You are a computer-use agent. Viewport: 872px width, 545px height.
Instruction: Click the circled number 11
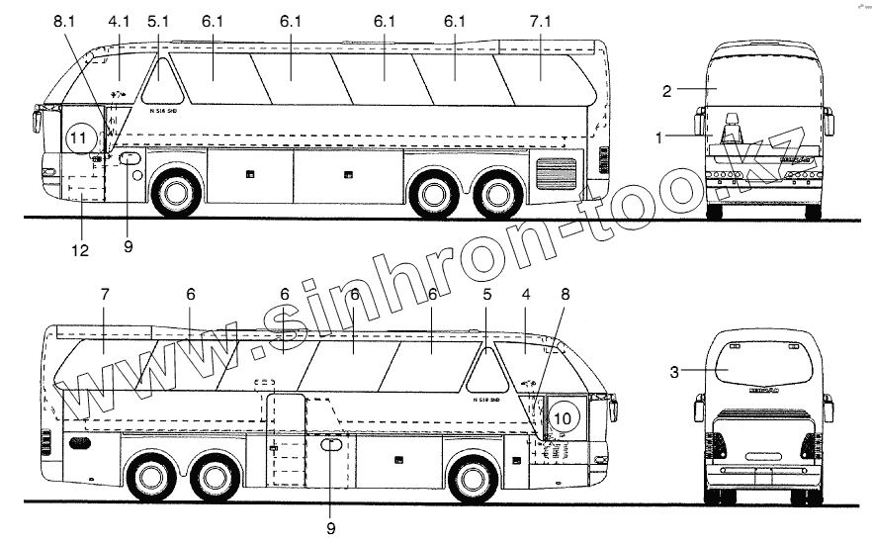(x=79, y=138)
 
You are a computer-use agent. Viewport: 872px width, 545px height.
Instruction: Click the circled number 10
(x=562, y=419)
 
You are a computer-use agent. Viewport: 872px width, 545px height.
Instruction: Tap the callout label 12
(x=79, y=251)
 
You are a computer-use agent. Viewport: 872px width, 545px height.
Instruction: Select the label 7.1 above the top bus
(x=542, y=21)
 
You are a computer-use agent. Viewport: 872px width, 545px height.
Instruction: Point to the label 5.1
(x=158, y=21)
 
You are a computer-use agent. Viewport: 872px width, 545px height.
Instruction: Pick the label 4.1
(x=119, y=21)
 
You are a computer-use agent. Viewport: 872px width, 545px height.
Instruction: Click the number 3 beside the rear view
(x=674, y=372)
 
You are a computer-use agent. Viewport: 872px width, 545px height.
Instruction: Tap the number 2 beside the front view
(x=667, y=91)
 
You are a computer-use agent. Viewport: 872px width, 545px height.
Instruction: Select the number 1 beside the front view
(x=658, y=138)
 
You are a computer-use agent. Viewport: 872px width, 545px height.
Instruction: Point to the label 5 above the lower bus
(x=486, y=295)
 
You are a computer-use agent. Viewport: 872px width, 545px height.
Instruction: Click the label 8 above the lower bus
(x=565, y=295)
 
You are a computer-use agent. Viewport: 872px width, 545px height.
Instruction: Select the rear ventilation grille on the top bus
(x=555, y=175)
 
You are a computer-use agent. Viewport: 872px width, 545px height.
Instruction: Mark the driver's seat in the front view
(x=732, y=129)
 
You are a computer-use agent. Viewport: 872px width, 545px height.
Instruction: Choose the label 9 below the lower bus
(x=330, y=528)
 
